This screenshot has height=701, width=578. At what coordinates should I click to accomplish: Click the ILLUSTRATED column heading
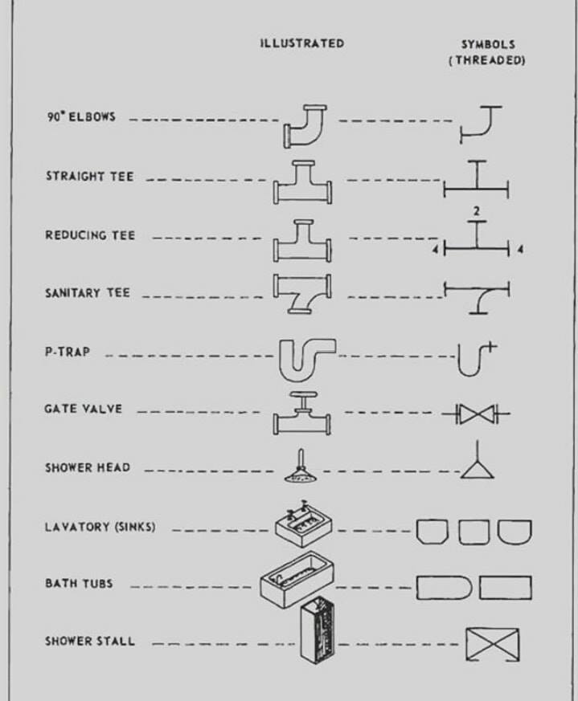tap(302, 43)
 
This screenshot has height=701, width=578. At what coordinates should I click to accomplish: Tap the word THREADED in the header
tap(488, 60)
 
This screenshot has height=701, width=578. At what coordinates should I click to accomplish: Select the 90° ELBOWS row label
tap(81, 116)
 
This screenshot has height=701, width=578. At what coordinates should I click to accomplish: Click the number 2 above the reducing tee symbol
tap(477, 210)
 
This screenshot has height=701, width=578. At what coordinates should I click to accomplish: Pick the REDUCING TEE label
tap(90, 235)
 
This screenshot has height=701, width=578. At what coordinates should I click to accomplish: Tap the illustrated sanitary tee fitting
tap(302, 293)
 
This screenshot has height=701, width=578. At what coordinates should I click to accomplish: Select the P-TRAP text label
tap(68, 352)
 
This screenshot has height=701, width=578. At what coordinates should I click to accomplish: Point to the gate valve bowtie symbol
tap(476, 414)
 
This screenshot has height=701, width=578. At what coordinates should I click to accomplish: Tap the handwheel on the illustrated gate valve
tap(303, 395)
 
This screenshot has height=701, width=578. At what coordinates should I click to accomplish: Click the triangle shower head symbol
tap(478, 471)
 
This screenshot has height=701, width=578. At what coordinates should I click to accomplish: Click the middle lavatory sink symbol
tap(473, 532)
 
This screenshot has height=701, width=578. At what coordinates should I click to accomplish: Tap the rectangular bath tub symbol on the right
tap(506, 588)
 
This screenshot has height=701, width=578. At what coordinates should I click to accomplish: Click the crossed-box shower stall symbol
tap(493, 644)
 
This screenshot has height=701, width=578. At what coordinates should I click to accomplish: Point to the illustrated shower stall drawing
tap(318, 632)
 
